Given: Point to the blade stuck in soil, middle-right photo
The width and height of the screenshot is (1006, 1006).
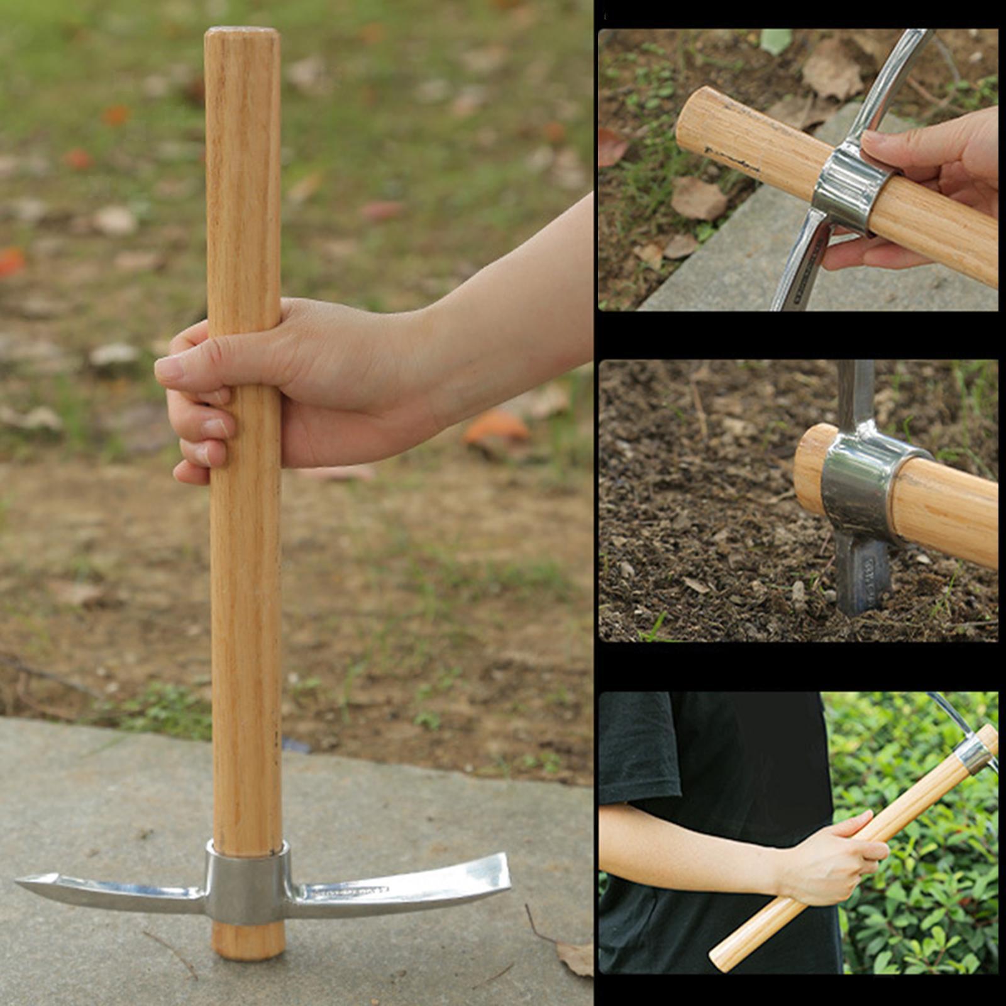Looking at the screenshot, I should coord(861,575).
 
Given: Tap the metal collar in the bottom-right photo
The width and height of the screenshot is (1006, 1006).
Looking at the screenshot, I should coord(975,754).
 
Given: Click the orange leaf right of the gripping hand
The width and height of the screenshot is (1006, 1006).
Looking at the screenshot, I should coord(497,428).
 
